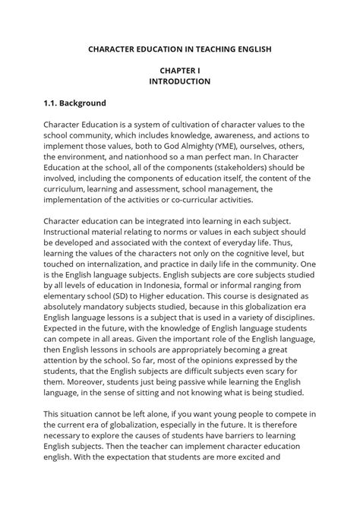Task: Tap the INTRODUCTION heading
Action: tap(179, 81)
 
